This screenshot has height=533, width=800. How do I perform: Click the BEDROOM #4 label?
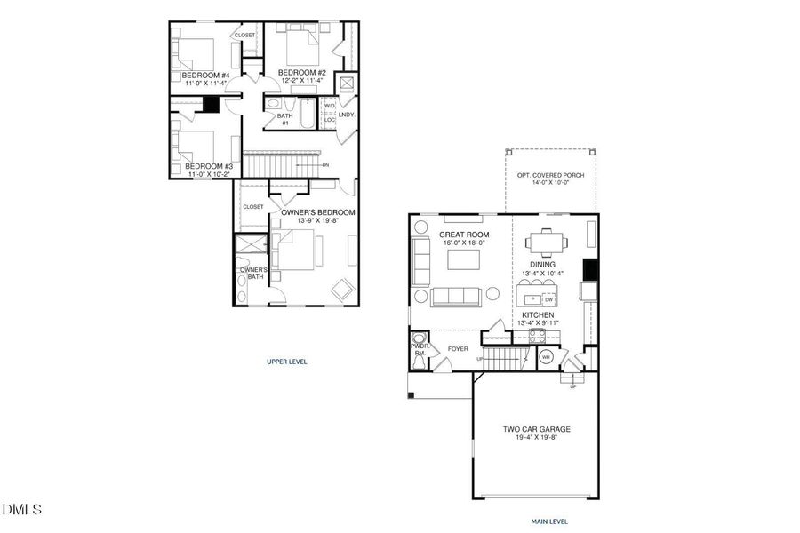205,76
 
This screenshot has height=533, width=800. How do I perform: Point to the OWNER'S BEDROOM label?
317,212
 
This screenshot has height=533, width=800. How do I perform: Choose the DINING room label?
542,264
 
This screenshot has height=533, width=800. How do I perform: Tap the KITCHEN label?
538,315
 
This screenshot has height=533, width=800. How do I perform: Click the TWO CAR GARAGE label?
536,429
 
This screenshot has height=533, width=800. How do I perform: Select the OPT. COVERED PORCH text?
550,175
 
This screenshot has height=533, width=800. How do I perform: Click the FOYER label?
458,349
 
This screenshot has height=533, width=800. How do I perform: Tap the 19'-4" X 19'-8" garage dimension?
536,438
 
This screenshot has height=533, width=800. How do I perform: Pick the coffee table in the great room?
463,259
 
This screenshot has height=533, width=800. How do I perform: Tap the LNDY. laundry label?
346,115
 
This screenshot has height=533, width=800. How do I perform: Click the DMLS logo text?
22,509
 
